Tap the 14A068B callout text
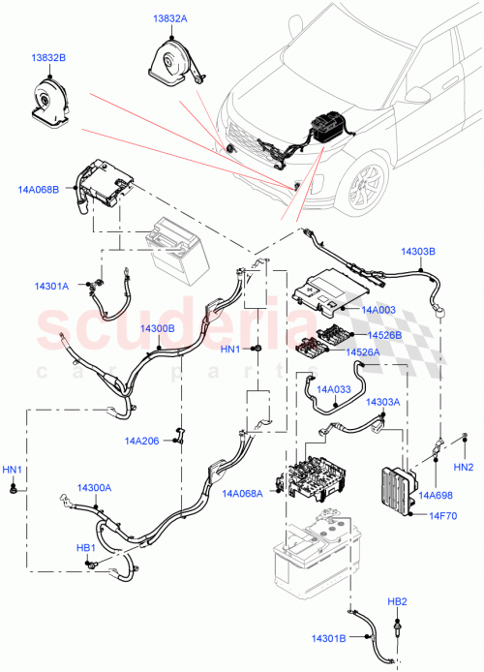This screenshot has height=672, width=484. click(x=39, y=190)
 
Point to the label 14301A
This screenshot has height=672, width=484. click(x=51, y=287)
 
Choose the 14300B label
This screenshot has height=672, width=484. click(x=156, y=328)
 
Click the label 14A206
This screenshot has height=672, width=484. click(x=141, y=441)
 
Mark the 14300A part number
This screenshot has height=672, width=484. click(x=94, y=488)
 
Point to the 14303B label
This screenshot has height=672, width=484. click(x=418, y=251)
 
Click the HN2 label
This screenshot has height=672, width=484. click(x=463, y=467)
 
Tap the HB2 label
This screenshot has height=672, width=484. click(x=397, y=602)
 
